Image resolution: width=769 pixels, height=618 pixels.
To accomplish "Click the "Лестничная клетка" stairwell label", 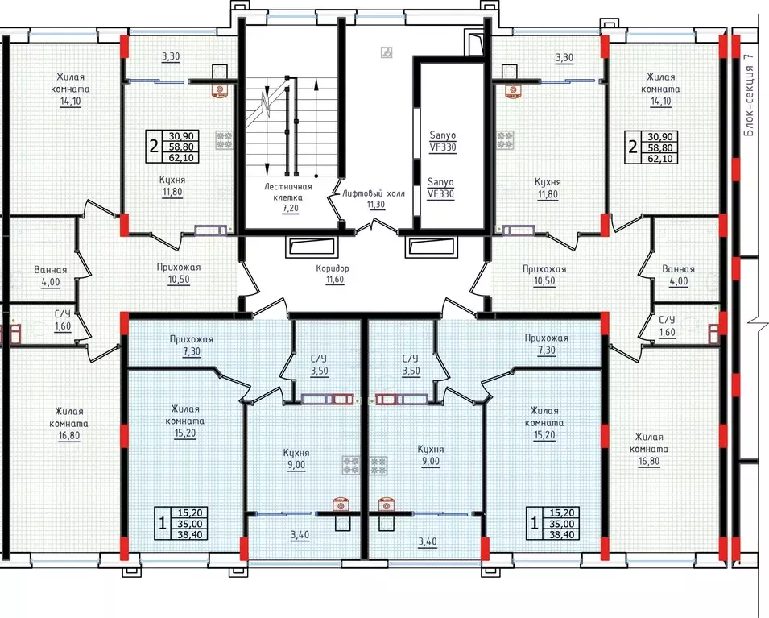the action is pyautogui.click(x=288, y=192).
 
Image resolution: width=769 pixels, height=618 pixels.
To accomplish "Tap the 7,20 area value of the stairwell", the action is pyautogui.click(x=291, y=208).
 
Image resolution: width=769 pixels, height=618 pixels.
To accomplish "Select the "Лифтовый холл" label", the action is pyautogui.click(x=374, y=193).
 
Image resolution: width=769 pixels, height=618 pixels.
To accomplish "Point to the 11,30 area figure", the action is pyautogui.click(x=376, y=205).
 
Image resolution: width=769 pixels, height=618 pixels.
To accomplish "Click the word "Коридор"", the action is pyautogui.click(x=333, y=268).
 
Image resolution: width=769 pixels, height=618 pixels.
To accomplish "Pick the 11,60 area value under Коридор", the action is pyautogui.click(x=335, y=280).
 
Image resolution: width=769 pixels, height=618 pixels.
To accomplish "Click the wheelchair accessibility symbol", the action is pyautogui.click(x=387, y=52).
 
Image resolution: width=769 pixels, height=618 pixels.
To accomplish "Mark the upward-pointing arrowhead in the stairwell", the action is pyautogui.click(x=316, y=85).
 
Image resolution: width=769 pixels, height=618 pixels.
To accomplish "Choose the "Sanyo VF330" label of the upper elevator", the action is pyautogui.click(x=443, y=141).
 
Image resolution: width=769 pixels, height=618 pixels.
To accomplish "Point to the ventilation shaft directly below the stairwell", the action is pyautogui.click(x=312, y=247).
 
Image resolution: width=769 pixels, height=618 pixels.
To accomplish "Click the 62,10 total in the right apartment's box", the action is pyautogui.click(x=663, y=159).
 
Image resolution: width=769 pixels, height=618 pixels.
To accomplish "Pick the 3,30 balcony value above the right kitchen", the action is pyautogui.click(x=564, y=57).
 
